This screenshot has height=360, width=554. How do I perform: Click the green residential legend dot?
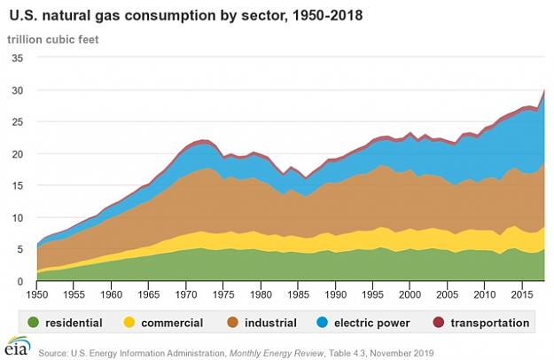(34, 322)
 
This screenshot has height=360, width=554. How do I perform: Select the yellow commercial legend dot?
(129, 322)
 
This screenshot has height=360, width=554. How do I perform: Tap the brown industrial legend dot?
(233, 322)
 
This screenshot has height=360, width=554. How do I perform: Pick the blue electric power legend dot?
(323, 322)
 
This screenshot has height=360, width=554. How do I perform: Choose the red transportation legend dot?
(439, 322)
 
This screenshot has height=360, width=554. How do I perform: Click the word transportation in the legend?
(490, 323)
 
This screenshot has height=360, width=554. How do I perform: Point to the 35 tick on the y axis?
(18, 58)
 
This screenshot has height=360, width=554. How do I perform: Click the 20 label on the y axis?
(18, 153)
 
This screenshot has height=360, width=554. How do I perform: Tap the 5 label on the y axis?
(20, 249)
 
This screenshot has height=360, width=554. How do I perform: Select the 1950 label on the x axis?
(37, 294)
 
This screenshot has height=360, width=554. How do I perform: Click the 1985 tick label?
(298, 294)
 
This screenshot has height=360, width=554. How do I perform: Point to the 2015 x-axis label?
(522, 294)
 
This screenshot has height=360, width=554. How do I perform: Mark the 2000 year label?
(410, 294)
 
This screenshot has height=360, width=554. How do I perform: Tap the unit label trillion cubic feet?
(53, 39)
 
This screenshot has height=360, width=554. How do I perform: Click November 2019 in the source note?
(402, 353)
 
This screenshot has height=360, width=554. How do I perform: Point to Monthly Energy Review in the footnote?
(277, 353)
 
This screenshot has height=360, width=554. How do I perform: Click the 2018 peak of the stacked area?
(544, 90)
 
